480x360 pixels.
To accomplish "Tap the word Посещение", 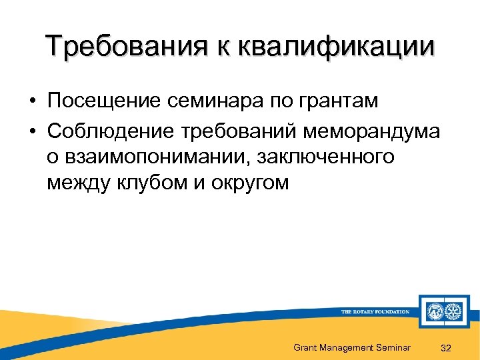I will (x=103, y=101).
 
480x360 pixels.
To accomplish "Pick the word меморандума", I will (x=371, y=131).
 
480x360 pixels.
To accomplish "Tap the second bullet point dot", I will (x=31, y=132).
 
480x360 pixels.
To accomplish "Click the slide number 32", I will (x=447, y=347).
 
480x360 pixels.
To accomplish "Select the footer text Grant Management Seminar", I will (x=351, y=347).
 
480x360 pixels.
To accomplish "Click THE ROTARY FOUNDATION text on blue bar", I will (x=375, y=311).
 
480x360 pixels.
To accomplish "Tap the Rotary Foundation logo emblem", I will (x=444, y=311).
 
